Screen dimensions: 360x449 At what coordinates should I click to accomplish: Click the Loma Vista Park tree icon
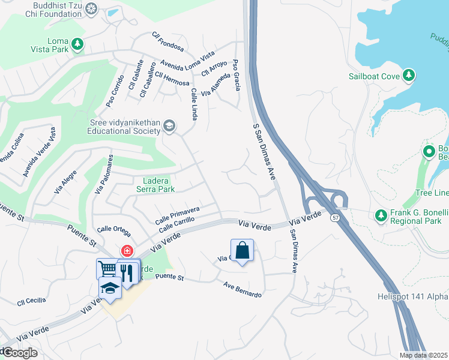coord(77,43)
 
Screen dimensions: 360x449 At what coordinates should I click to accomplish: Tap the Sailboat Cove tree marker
coord(409,75)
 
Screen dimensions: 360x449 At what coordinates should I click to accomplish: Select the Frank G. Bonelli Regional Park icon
coord(381,215)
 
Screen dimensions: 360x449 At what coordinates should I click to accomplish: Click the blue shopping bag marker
coord(242,251)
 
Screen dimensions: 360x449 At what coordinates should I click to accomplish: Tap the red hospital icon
coord(127,250)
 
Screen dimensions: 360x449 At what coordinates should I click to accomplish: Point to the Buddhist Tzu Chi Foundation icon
coord(91,8)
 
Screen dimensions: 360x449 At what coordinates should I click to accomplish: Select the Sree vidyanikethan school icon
coord(170,125)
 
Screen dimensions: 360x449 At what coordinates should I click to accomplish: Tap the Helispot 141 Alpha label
coord(412,296)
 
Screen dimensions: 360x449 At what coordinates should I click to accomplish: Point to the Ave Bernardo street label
coord(243,290)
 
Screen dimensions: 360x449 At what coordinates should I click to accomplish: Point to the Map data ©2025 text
coord(423,355)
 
